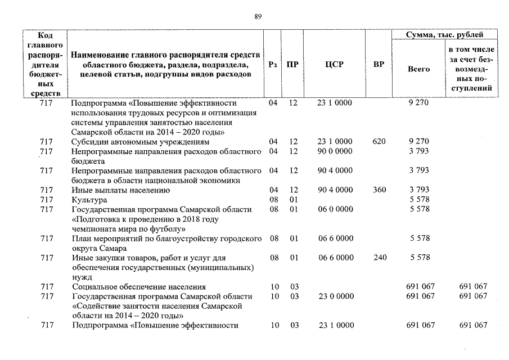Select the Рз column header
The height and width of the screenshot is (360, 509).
click(x=273, y=65)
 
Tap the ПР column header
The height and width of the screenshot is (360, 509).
click(x=292, y=65)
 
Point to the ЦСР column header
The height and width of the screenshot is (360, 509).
click(x=334, y=65)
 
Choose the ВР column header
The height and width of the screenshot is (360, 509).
click(x=379, y=65)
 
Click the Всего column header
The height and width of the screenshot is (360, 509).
click(x=418, y=69)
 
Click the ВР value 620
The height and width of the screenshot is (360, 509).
click(x=379, y=142)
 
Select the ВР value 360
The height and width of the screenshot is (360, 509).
click(x=379, y=190)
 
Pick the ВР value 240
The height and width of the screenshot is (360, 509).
click(x=379, y=258)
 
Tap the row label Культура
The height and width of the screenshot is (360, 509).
click(x=89, y=200)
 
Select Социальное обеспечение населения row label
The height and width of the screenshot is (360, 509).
click(x=139, y=287)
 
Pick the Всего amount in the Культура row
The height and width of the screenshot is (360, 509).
click(x=420, y=200)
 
